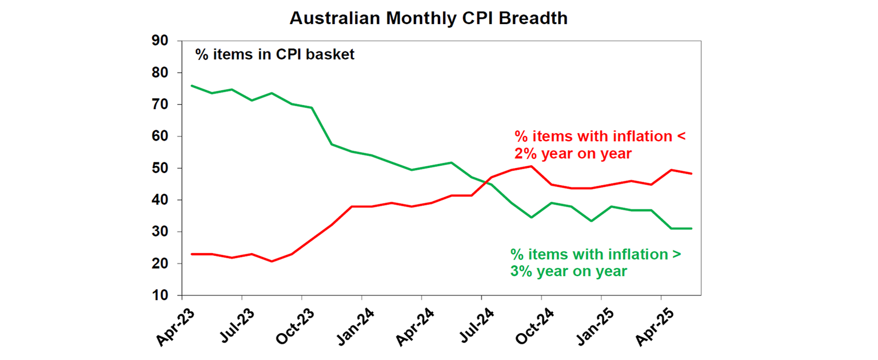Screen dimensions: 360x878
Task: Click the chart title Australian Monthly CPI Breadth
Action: click(428, 18)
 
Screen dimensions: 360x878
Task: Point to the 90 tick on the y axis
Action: click(159, 41)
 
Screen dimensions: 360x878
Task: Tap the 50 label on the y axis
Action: click(159, 169)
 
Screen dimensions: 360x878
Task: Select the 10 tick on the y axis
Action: click(159, 296)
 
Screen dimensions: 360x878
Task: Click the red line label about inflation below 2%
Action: click(600, 145)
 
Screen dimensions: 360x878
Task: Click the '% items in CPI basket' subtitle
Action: click(275, 54)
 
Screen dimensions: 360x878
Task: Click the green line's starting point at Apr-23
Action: click(191, 86)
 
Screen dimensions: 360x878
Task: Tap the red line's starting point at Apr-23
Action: click(191, 254)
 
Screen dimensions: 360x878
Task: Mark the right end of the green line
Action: click(692, 229)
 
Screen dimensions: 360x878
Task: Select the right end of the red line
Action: click(692, 174)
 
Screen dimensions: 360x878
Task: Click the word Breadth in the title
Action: click(533, 18)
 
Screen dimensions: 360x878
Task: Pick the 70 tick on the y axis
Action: click(159, 105)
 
